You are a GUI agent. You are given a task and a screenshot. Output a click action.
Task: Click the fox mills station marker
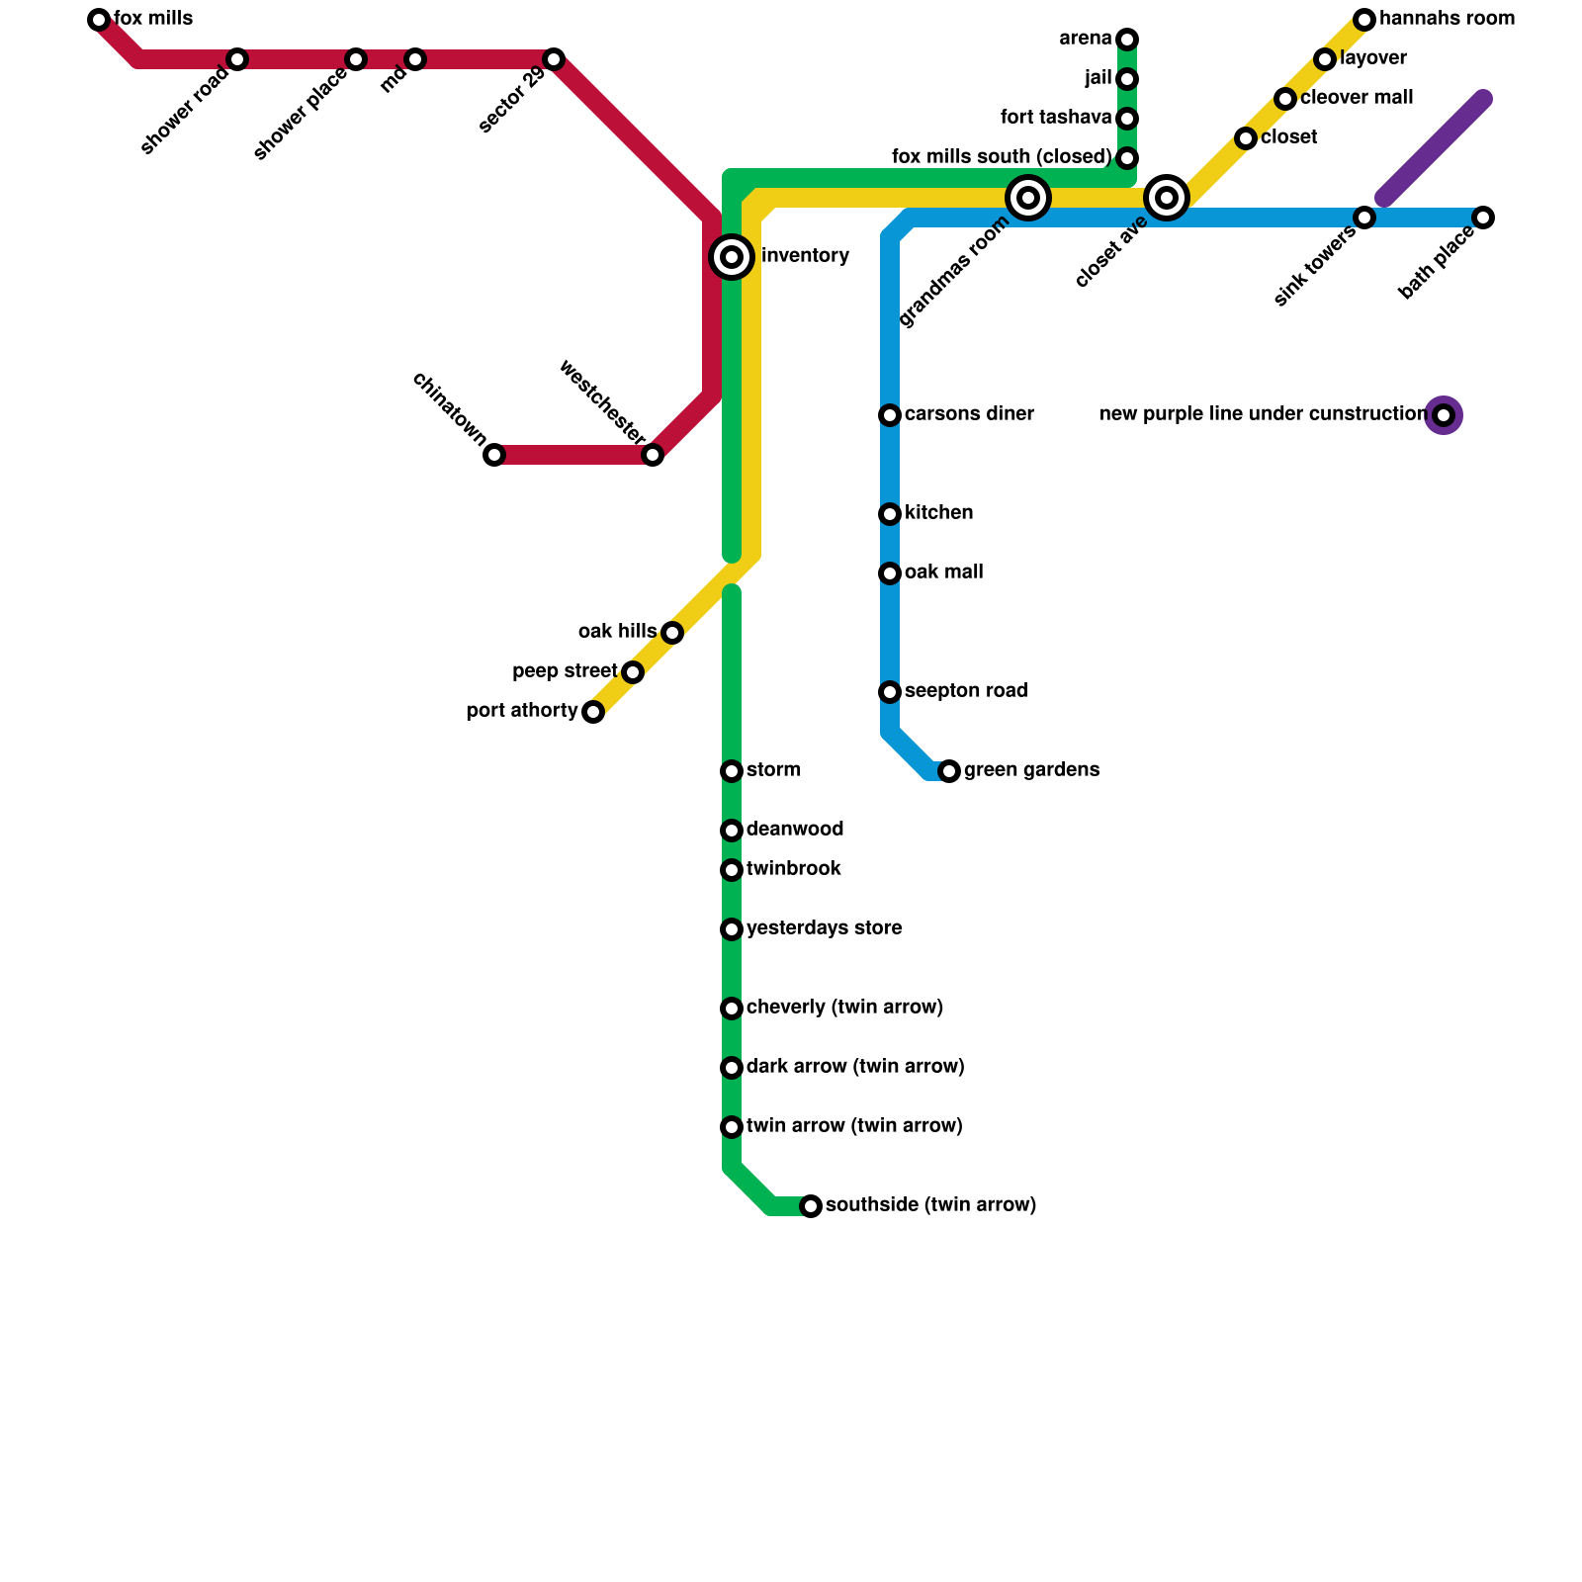(x=99, y=20)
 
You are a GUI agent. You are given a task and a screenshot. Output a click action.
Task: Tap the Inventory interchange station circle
(x=732, y=257)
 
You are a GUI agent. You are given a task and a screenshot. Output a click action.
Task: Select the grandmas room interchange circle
(x=1028, y=198)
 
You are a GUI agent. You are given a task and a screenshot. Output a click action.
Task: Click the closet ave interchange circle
(x=1167, y=198)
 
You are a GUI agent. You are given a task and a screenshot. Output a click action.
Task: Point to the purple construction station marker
(x=1444, y=415)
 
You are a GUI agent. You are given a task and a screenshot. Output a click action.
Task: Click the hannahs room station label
(x=1447, y=19)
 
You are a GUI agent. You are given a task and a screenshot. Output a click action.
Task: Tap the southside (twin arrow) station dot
(x=811, y=1206)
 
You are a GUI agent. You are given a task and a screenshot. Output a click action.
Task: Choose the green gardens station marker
(x=949, y=771)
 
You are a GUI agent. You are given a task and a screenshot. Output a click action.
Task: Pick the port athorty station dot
(x=593, y=712)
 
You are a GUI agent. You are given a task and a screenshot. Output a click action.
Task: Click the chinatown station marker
(x=494, y=455)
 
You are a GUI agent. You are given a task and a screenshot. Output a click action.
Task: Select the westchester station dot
(x=653, y=455)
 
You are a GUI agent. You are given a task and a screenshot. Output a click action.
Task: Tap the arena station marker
(x=1127, y=40)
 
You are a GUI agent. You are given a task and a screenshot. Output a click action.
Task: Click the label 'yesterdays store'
(x=824, y=928)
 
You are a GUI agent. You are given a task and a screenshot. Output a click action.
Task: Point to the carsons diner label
(x=969, y=414)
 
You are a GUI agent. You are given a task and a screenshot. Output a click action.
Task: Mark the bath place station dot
(x=1483, y=218)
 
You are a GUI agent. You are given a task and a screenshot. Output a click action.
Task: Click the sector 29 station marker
(x=554, y=59)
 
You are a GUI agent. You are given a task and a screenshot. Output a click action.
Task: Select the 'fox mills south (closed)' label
(x=1002, y=157)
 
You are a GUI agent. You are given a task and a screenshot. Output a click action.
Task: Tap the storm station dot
(x=732, y=771)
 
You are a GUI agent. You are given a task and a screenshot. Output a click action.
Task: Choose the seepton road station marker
(x=890, y=692)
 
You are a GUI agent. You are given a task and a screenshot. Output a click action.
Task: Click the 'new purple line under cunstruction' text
(x=1263, y=414)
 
